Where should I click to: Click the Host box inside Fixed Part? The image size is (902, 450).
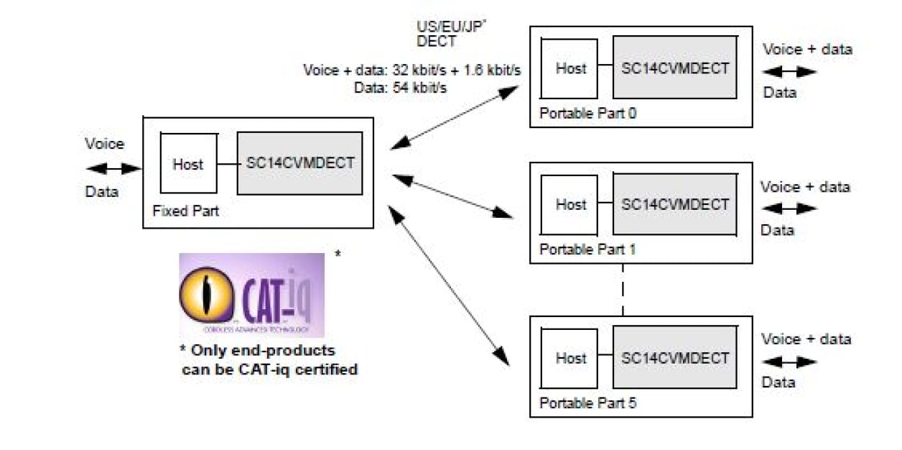187,163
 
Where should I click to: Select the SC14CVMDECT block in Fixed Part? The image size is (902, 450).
299,163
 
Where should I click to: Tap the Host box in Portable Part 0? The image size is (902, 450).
570,68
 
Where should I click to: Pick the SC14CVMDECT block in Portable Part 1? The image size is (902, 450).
674,204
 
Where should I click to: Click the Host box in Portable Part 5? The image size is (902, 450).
570,357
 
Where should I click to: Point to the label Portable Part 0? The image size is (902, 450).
587,113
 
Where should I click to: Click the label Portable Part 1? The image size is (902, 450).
587,249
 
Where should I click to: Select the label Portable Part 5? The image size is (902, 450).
587,403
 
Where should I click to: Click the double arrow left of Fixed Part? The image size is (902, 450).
113,169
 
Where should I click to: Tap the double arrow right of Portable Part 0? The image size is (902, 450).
789,72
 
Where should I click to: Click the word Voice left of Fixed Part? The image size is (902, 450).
104,144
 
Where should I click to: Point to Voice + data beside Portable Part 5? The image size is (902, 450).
806,339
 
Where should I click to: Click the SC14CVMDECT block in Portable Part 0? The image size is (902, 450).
674,68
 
